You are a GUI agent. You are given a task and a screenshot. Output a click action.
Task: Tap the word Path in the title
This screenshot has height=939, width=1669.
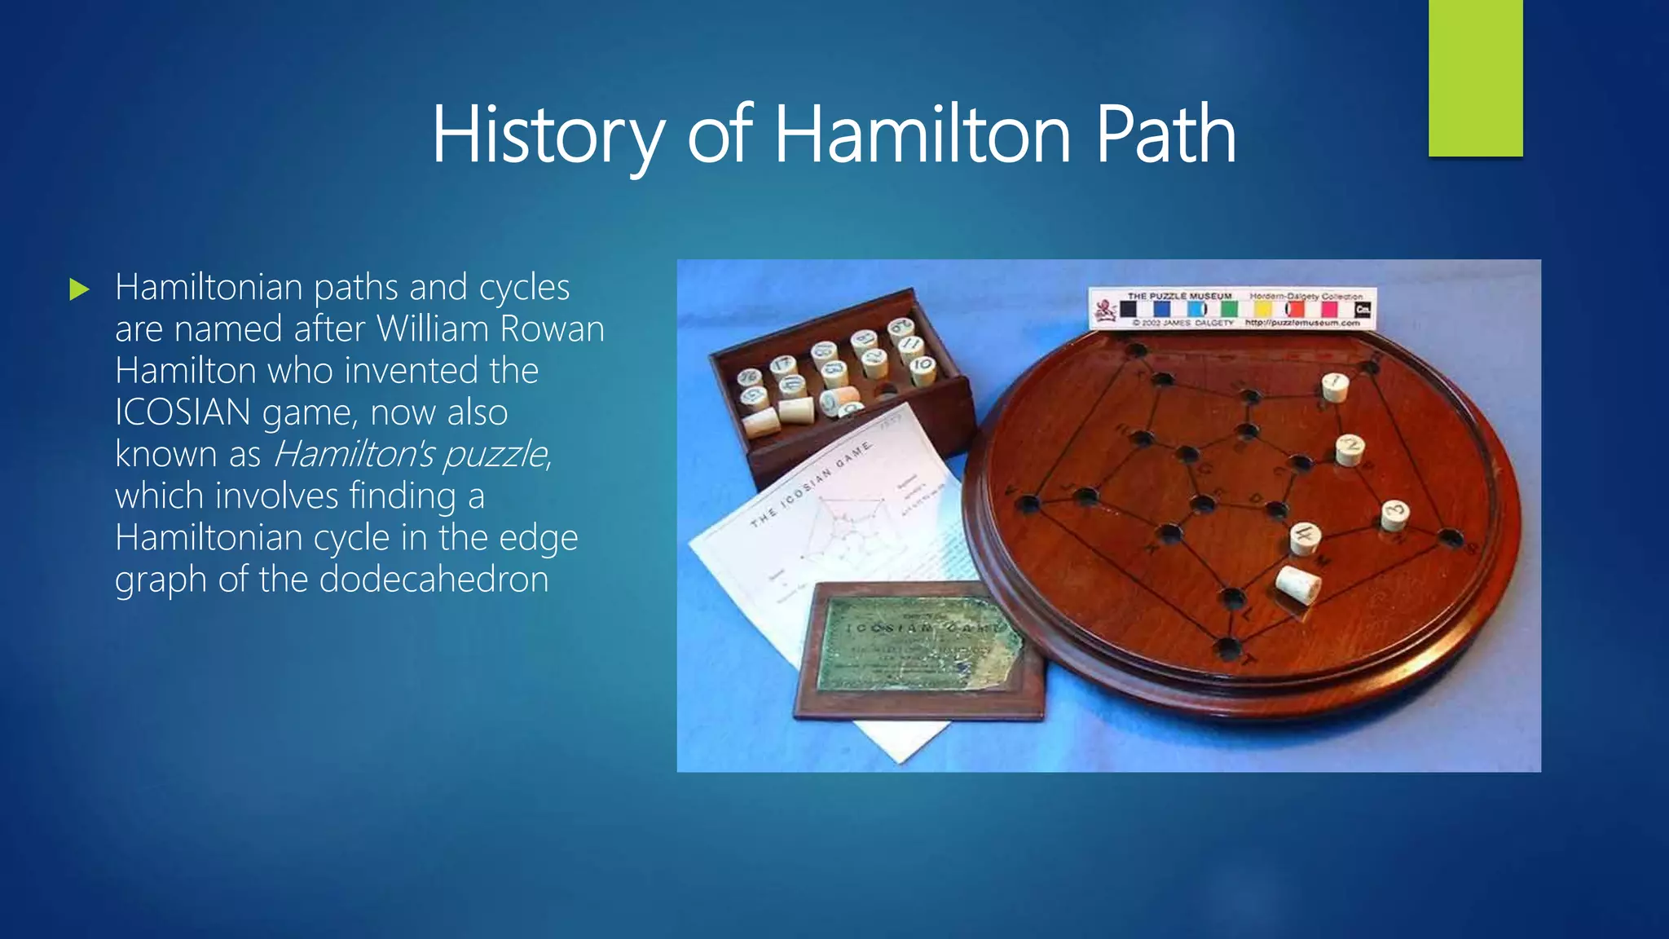(1165, 134)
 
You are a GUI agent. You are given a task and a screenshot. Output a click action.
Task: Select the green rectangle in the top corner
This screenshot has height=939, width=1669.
(1475, 77)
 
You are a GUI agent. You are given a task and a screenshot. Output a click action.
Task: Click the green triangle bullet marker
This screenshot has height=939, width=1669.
(79, 289)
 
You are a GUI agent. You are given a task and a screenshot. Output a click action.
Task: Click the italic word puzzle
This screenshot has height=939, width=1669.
(495, 455)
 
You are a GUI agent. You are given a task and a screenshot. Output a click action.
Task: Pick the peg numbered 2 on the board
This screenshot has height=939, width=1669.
(1350, 449)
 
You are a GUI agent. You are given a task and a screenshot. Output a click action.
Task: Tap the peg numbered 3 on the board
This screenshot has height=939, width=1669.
(1395, 514)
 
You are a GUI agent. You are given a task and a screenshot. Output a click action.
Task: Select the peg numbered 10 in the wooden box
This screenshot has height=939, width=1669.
(923, 369)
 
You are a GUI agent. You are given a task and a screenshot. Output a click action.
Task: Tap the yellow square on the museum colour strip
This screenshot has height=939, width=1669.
(1262, 310)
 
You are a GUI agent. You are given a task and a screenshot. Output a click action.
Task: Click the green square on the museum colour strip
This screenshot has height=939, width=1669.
(1230, 310)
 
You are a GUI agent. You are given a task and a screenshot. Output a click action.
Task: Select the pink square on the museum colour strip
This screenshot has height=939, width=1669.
(1329, 310)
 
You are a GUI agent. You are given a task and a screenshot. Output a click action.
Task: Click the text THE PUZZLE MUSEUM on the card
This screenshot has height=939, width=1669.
(1179, 296)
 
